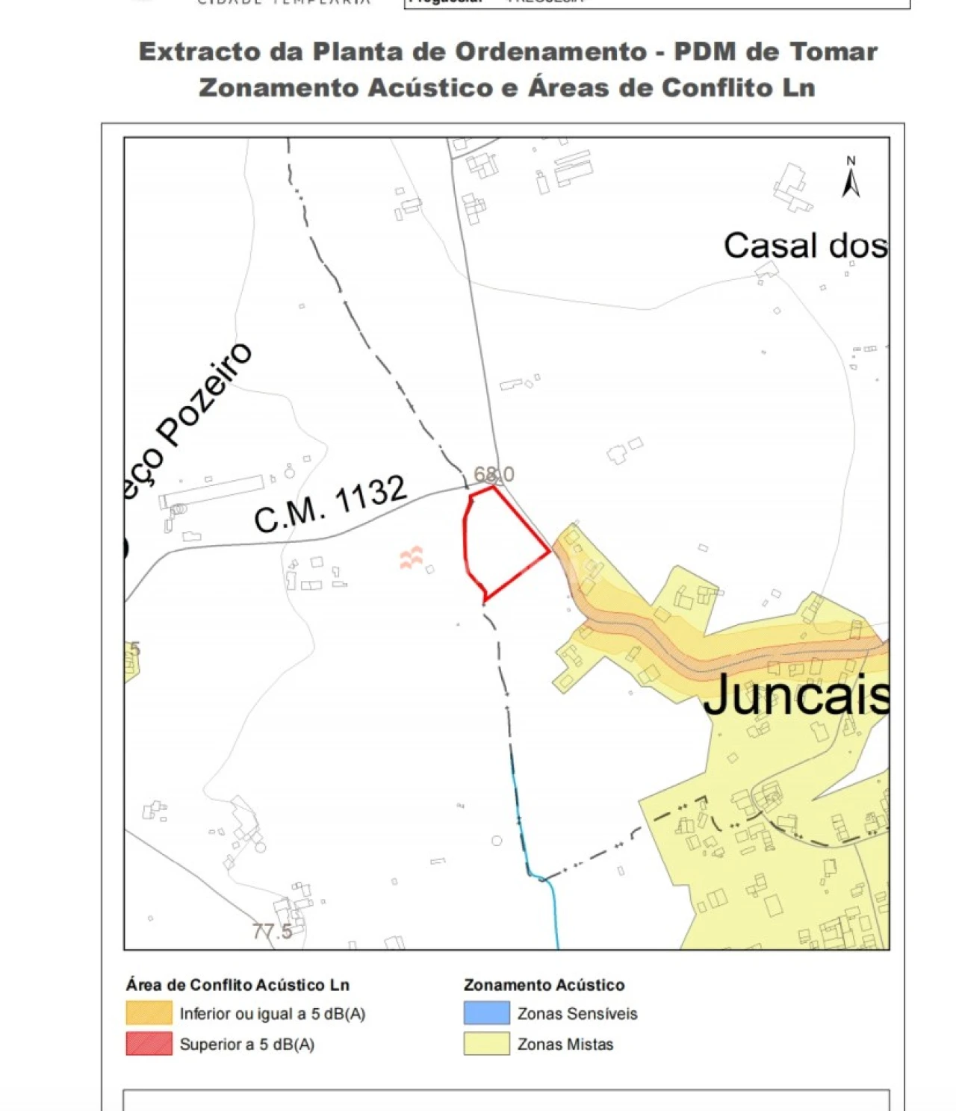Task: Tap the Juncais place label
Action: [796, 694]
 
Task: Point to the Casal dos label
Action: [805, 245]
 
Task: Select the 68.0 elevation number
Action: [494, 474]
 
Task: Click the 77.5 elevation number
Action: [272, 931]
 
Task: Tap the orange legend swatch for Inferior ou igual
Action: [149, 1013]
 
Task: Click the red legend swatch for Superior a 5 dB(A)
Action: [149, 1044]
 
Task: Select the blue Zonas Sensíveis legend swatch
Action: [486, 1013]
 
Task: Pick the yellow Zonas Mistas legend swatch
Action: [486, 1044]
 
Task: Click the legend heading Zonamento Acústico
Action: [544, 985]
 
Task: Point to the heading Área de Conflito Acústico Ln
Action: [238, 985]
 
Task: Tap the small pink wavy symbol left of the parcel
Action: [411, 557]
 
